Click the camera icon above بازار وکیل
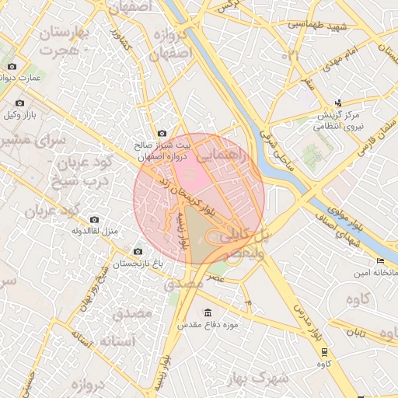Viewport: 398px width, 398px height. point(19,103)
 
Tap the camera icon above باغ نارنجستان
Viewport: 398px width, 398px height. point(138,251)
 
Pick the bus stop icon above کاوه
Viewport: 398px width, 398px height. point(323,351)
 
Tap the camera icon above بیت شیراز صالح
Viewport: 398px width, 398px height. point(162,133)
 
